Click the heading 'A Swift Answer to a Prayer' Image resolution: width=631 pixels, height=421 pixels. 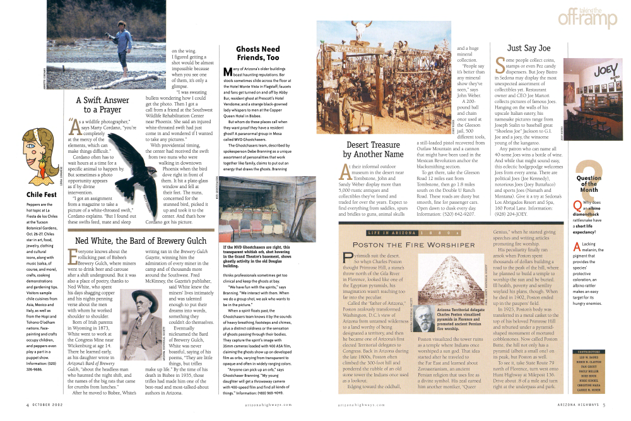click(x=102, y=105)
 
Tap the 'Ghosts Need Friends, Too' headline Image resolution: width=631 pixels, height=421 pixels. click(x=257, y=53)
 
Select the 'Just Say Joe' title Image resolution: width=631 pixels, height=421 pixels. click(x=529, y=48)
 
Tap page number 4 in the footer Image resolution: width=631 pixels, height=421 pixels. click(x=27, y=406)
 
